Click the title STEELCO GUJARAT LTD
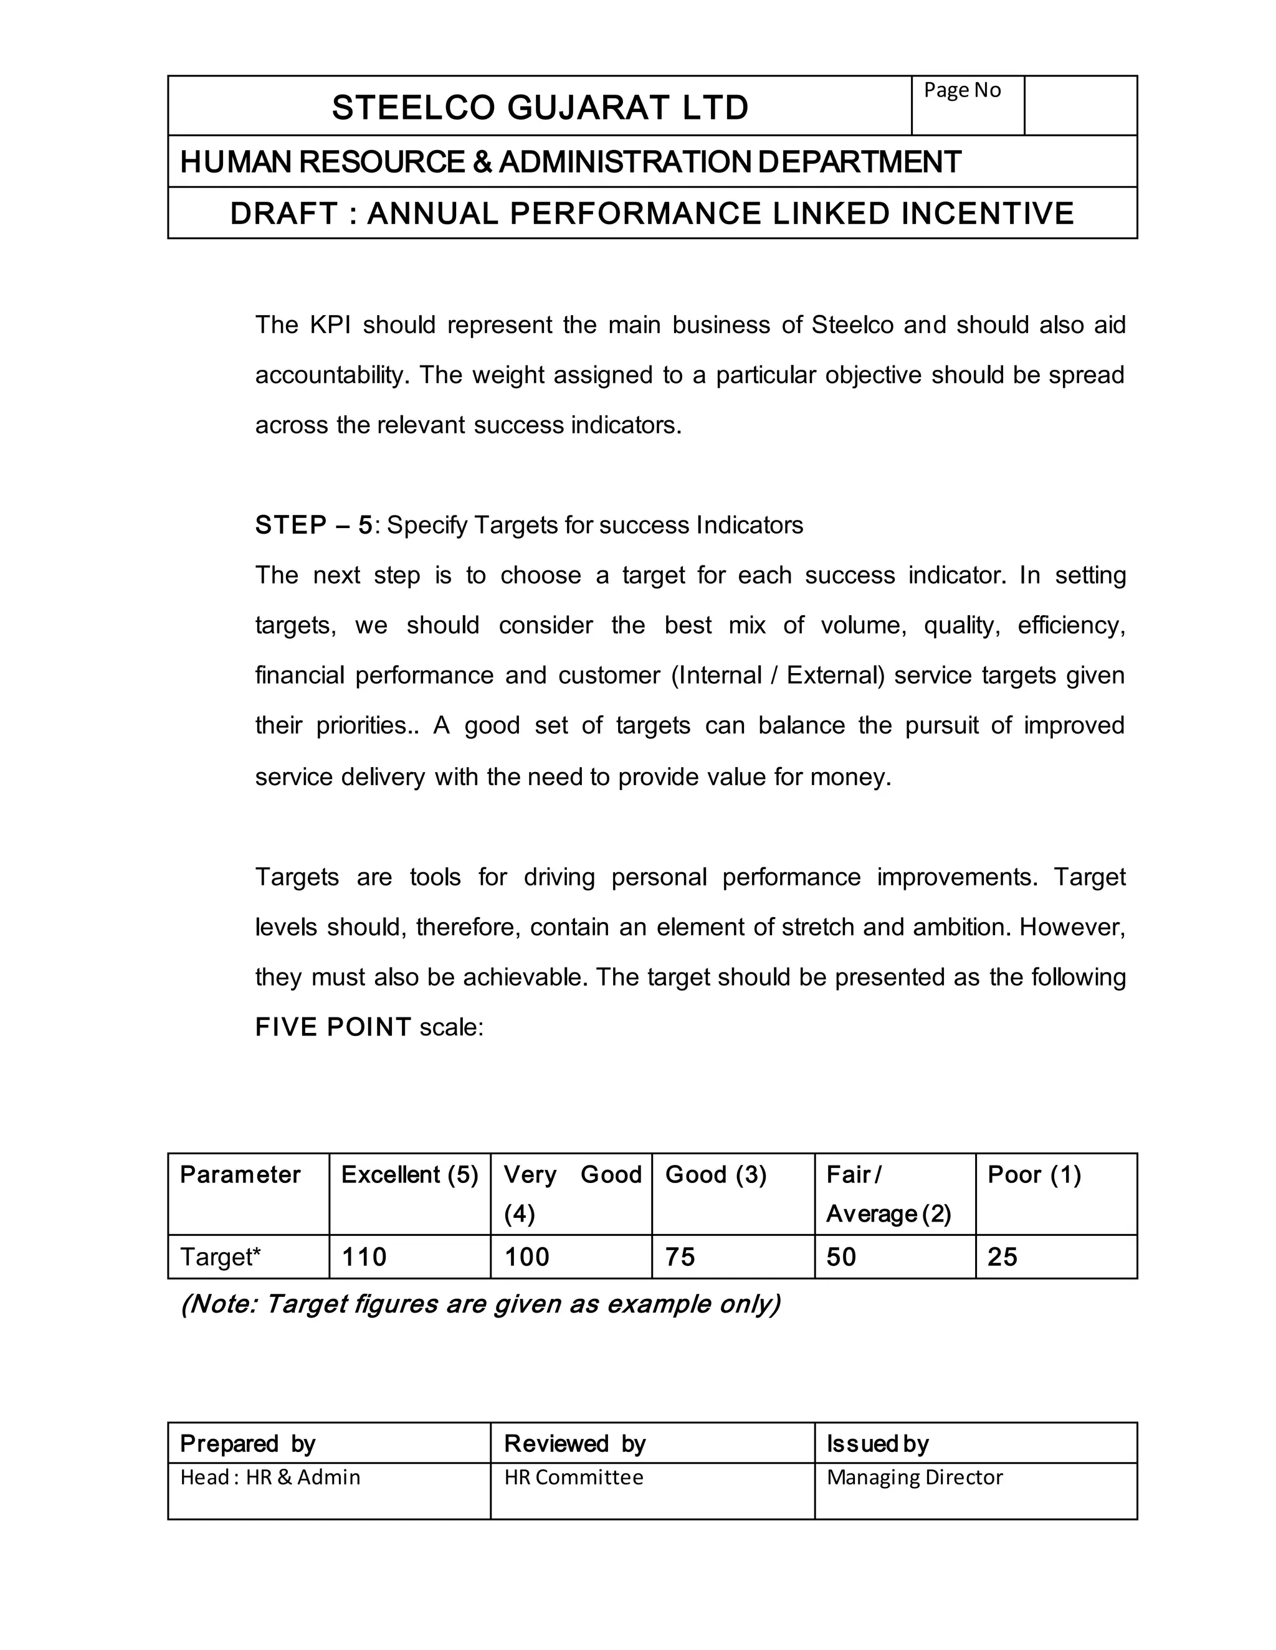(540, 107)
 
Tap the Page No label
(961, 90)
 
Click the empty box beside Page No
(1080, 105)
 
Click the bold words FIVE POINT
(333, 1027)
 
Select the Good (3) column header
(716, 1175)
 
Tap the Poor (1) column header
(1034, 1175)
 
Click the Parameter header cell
(240, 1175)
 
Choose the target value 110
(364, 1257)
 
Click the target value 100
(527, 1257)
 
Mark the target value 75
(680, 1257)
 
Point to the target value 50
(840, 1257)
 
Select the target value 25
(1002, 1257)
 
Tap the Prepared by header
(248, 1444)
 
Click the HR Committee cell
(574, 1478)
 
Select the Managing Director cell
(915, 1478)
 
